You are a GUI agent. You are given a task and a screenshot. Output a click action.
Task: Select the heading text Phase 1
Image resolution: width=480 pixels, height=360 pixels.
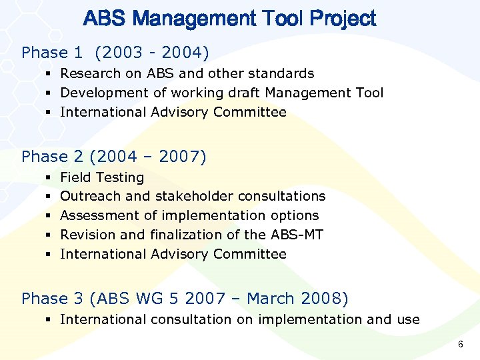click(x=49, y=53)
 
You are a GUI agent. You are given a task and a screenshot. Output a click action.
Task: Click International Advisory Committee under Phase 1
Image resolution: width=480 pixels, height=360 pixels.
click(x=173, y=112)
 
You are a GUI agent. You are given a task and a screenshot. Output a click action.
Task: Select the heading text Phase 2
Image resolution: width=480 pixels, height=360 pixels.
click(x=51, y=157)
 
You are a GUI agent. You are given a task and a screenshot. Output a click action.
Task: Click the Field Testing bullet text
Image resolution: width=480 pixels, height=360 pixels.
click(x=102, y=177)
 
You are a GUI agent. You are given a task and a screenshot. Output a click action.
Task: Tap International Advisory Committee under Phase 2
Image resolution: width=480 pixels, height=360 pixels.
click(x=173, y=254)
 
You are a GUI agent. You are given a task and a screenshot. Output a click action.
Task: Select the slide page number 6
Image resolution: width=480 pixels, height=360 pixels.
click(x=460, y=344)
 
